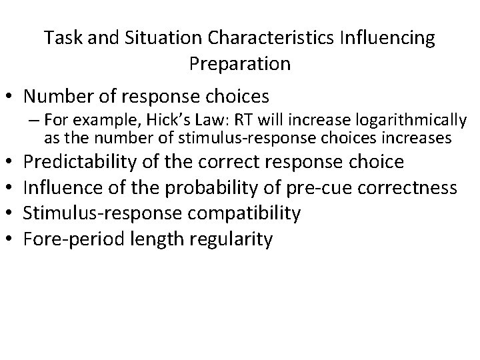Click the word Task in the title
(x=61, y=38)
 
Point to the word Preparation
(x=239, y=63)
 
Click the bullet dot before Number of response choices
(x=11, y=97)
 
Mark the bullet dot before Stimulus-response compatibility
(x=11, y=214)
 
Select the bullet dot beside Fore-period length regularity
(x=11, y=239)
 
